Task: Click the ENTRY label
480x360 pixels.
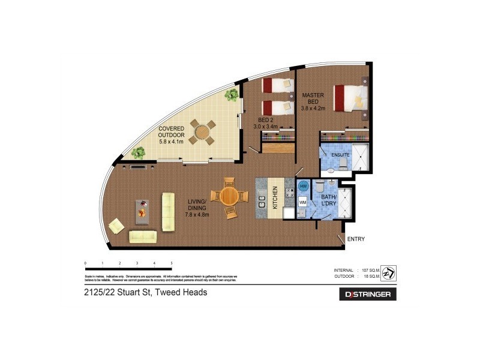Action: click(x=356, y=239)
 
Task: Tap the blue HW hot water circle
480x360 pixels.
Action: click(x=303, y=186)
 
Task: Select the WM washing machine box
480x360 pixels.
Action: click(x=302, y=203)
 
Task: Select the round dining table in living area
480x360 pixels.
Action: click(x=230, y=196)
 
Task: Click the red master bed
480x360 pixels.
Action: click(x=350, y=98)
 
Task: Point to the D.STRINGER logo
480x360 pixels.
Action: click(x=368, y=295)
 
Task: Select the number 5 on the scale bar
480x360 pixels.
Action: click(x=172, y=263)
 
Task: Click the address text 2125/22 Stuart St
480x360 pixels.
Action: click(x=146, y=293)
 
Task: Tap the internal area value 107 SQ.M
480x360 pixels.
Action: click(x=367, y=271)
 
